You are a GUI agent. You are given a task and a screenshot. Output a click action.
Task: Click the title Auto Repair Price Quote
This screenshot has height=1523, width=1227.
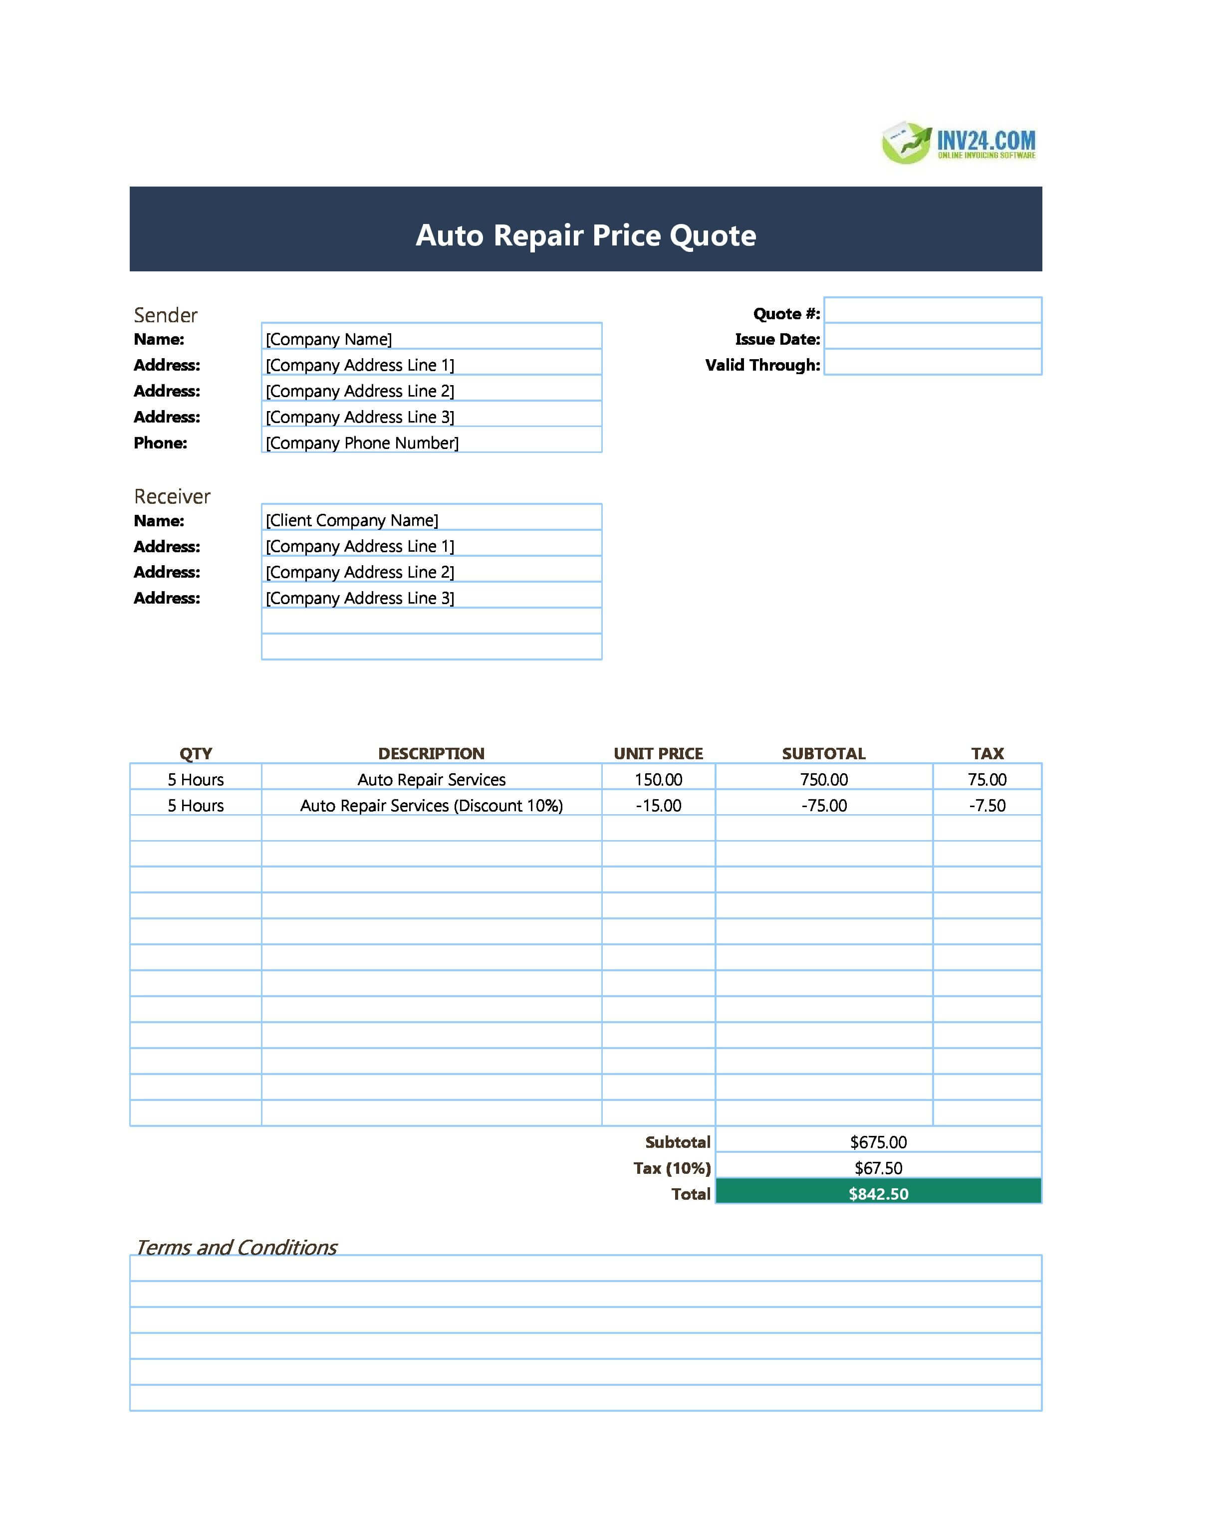[585, 235]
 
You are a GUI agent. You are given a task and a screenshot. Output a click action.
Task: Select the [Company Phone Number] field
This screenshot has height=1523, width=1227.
[431, 441]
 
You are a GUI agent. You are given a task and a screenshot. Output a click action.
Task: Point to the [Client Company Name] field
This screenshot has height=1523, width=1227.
[431, 518]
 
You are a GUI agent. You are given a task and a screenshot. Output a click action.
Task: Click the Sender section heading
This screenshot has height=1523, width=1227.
[165, 315]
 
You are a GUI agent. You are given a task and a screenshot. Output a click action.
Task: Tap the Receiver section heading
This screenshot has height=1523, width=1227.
[172, 496]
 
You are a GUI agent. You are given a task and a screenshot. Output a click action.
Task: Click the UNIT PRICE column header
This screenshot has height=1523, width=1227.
[658, 753]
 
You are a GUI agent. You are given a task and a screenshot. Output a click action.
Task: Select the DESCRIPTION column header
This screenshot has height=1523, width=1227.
[431, 753]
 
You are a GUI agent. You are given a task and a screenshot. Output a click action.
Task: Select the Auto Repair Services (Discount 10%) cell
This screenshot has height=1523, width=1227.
[431, 805]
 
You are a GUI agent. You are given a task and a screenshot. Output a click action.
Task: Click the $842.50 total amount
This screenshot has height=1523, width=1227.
[879, 1194]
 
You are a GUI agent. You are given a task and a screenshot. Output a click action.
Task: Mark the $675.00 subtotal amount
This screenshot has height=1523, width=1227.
[879, 1142]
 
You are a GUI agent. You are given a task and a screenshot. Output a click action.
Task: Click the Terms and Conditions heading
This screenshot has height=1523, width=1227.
[236, 1247]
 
